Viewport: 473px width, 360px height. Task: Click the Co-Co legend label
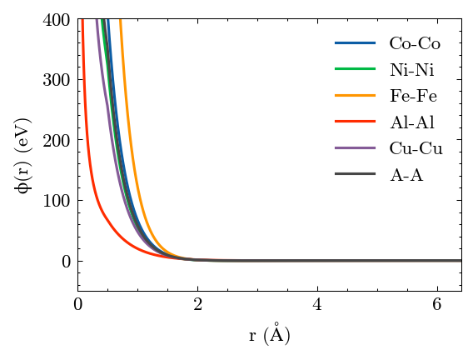[415, 43]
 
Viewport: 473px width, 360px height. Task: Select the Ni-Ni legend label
[412, 70]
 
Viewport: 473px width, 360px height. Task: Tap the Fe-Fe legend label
[413, 96]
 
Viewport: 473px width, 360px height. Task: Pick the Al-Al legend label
[412, 122]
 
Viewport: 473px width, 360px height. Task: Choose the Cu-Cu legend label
[416, 148]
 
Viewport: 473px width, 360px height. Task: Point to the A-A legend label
[406, 175]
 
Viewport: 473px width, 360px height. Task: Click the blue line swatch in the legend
[355, 42]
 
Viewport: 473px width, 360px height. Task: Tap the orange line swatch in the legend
[355, 95]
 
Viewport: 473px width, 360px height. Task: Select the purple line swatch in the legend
[355, 147]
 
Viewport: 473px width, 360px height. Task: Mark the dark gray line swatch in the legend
[355, 174]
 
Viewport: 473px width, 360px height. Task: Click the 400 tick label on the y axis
[57, 20]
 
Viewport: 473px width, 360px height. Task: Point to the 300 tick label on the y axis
[57, 80]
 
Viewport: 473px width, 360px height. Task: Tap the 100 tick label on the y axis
[57, 201]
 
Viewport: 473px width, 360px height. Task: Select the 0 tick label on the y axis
[66, 262]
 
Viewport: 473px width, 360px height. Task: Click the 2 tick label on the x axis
[198, 304]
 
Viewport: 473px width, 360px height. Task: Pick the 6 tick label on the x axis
[437, 304]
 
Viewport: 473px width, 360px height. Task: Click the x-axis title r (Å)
[269, 333]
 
